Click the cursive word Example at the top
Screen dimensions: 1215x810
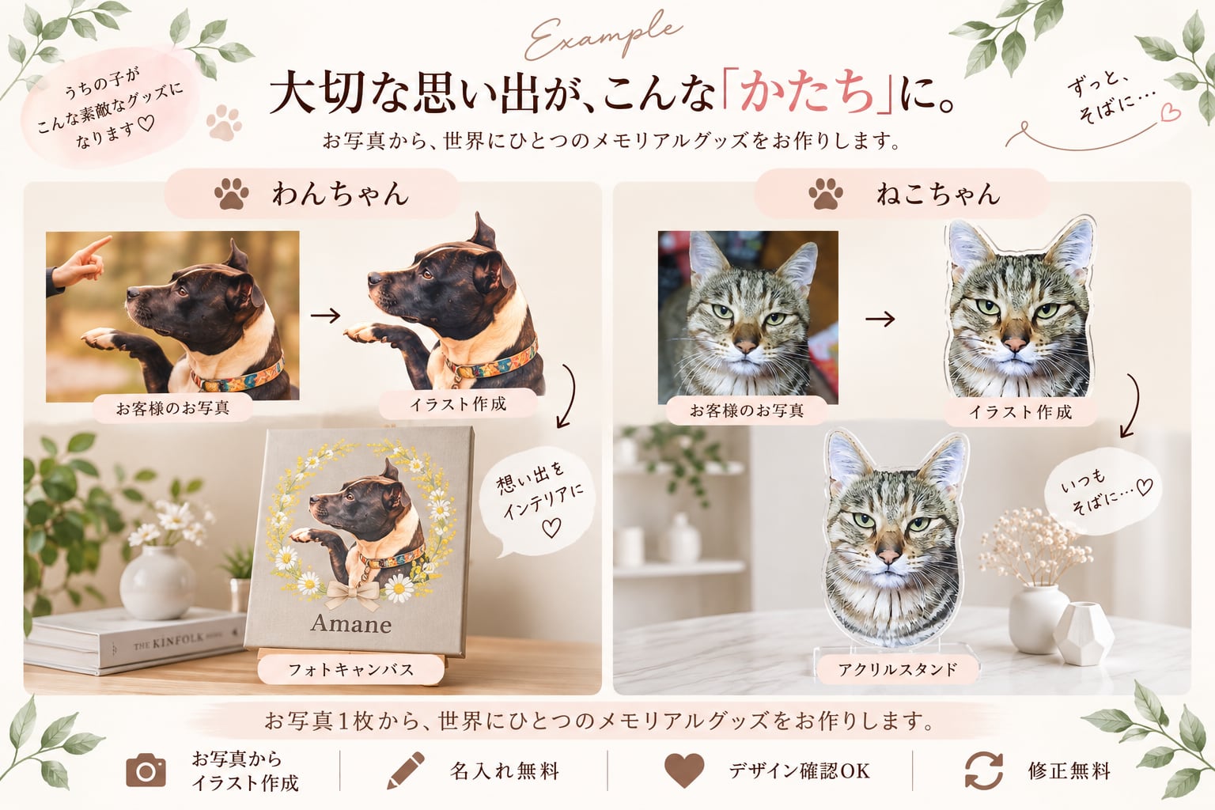[x=602, y=38]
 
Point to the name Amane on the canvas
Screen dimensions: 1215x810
[x=351, y=624]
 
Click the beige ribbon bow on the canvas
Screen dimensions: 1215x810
[x=352, y=594]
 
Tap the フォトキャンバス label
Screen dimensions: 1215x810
[x=350, y=669]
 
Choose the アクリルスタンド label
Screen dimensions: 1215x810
[x=898, y=669]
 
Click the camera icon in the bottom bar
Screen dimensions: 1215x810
[x=146, y=770]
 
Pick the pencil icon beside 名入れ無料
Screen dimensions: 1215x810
[x=406, y=770]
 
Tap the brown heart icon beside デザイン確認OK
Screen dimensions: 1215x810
[x=684, y=770]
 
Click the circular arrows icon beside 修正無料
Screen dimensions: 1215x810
[x=983, y=770]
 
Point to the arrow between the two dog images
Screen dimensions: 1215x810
[x=325, y=315]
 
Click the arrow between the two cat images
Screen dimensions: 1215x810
[x=880, y=319]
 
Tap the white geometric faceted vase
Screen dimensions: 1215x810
[x=1083, y=633]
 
